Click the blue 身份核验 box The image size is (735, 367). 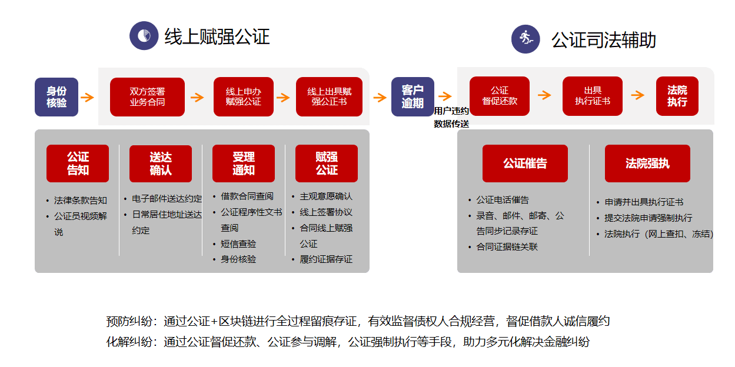(x=56, y=97)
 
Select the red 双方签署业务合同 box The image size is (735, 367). (x=147, y=97)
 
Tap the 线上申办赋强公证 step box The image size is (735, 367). (x=244, y=97)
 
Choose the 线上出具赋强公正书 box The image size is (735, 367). (x=329, y=97)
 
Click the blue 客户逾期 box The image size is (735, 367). (x=413, y=97)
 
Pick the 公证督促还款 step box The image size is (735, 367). (x=500, y=96)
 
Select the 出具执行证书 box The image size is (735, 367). (x=592, y=96)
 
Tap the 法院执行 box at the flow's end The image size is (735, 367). (x=677, y=96)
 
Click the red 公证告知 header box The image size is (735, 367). (x=78, y=164)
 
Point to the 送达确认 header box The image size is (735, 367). (x=161, y=164)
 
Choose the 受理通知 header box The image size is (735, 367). (x=244, y=164)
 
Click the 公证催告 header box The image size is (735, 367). (x=525, y=164)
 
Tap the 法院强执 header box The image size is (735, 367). (x=647, y=164)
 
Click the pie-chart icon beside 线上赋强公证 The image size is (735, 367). (x=144, y=36)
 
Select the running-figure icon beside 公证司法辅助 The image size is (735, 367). (x=526, y=39)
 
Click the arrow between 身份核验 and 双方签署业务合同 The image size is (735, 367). (x=87, y=98)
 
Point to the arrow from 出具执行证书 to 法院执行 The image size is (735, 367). (x=638, y=95)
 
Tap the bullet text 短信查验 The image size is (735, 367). (x=238, y=243)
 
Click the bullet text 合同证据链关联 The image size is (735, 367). (x=507, y=246)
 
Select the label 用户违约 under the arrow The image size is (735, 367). (x=451, y=111)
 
